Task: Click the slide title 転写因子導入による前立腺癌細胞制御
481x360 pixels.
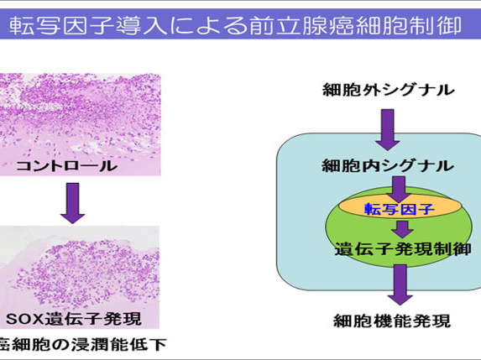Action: point(235,25)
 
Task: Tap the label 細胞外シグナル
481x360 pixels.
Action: point(389,90)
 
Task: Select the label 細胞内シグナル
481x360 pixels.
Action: point(388,165)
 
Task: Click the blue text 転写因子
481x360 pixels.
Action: point(400,209)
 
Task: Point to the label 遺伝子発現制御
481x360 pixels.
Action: point(403,248)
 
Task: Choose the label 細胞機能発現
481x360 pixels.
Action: point(392,321)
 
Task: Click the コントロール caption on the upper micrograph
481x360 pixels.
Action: point(66,166)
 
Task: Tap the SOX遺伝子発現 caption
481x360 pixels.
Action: point(74,319)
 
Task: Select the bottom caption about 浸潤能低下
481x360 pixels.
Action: point(83,344)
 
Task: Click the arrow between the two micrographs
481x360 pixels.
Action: point(73,203)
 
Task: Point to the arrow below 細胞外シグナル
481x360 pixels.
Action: point(388,130)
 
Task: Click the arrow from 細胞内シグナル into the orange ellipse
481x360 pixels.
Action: point(399,190)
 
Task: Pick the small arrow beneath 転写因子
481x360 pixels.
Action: point(402,229)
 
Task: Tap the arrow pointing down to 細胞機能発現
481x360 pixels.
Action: point(400,284)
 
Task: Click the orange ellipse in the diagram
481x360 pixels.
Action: point(400,206)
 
